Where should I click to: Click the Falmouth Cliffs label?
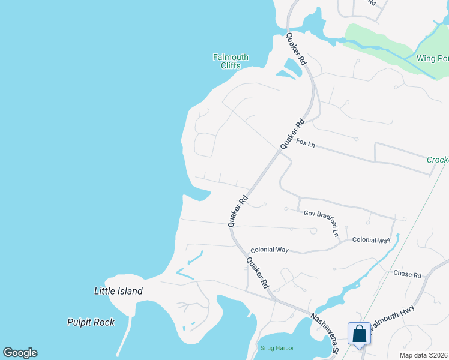231,61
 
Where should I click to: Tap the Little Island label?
118,292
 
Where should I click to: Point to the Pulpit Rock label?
91,322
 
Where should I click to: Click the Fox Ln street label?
306,143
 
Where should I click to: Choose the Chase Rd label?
408,274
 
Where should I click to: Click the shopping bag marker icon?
359,334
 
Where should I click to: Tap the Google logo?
20,353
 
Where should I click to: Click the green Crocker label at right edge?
438,160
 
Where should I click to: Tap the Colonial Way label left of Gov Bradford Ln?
270,250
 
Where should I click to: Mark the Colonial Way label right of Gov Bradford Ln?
371,240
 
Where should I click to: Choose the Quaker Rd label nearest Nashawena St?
257,274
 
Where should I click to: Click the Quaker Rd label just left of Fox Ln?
292,134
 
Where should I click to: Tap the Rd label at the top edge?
372,3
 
